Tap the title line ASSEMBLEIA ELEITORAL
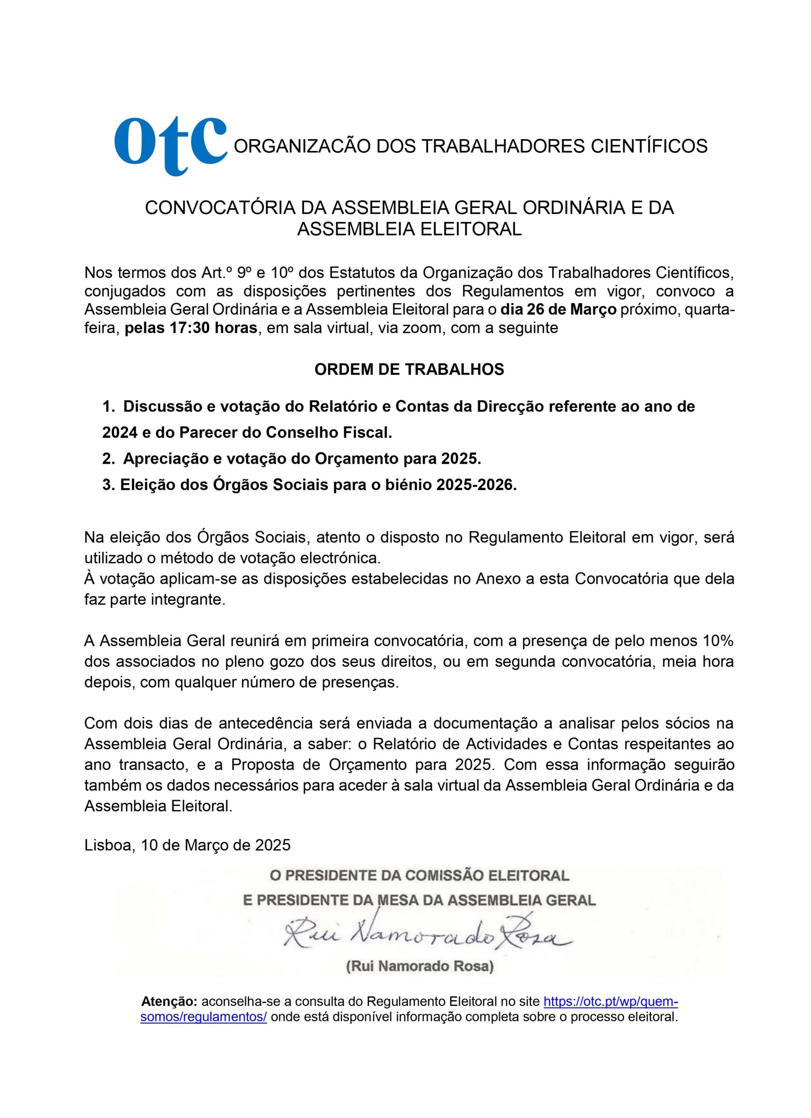point(409,229)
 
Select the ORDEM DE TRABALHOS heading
point(409,370)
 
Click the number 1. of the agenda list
point(108,407)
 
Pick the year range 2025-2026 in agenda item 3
point(475,485)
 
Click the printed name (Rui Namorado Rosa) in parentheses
point(419,966)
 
